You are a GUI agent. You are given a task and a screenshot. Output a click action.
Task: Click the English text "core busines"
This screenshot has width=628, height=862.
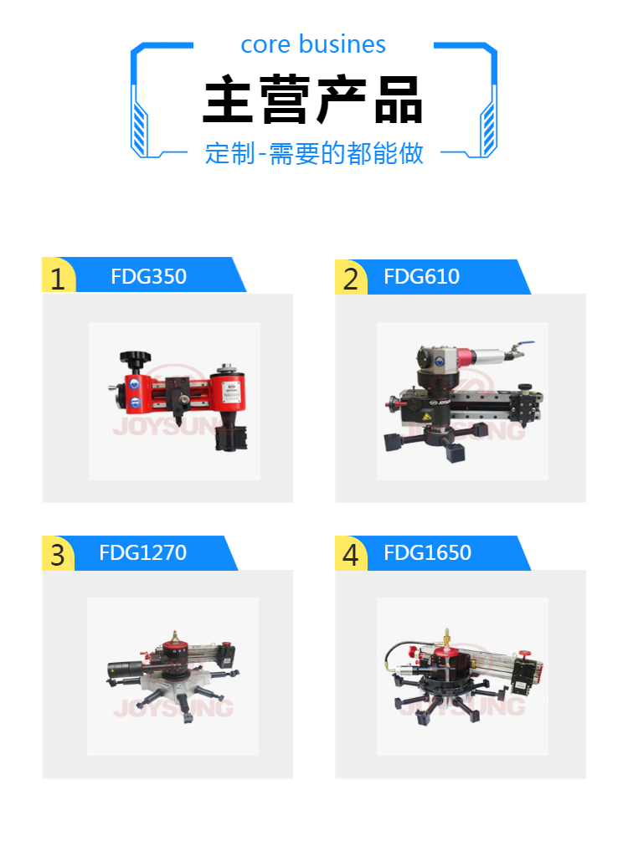tap(313, 44)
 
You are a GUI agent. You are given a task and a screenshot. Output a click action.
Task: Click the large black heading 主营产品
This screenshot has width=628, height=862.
tap(312, 100)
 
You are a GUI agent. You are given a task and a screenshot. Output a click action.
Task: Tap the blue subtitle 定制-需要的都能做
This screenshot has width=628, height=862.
tap(314, 153)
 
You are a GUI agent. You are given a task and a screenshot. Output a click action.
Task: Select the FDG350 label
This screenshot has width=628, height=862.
tap(148, 276)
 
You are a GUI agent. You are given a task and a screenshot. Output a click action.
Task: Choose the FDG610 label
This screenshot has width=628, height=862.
tap(421, 276)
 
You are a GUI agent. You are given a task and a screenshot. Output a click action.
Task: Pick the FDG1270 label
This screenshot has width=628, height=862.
tap(142, 552)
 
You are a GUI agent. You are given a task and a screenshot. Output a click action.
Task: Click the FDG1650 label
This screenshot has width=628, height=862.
tap(427, 552)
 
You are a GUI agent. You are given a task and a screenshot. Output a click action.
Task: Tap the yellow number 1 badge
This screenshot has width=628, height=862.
tap(59, 275)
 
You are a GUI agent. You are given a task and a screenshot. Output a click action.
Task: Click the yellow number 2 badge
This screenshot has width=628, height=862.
tap(351, 277)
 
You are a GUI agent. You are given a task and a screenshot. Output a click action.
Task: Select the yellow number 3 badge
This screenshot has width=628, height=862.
tap(58, 553)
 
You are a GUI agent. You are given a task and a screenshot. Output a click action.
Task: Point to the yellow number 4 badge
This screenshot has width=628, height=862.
tap(351, 553)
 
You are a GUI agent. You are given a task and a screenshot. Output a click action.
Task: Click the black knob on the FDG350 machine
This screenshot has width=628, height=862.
tap(135, 360)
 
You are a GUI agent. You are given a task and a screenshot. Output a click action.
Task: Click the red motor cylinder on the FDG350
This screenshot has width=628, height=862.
tap(230, 391)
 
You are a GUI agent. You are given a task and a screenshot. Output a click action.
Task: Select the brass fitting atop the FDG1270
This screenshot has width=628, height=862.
tap(176, 637)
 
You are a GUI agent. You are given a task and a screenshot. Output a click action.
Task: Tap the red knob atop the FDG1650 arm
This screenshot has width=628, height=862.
tap(525, 653)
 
